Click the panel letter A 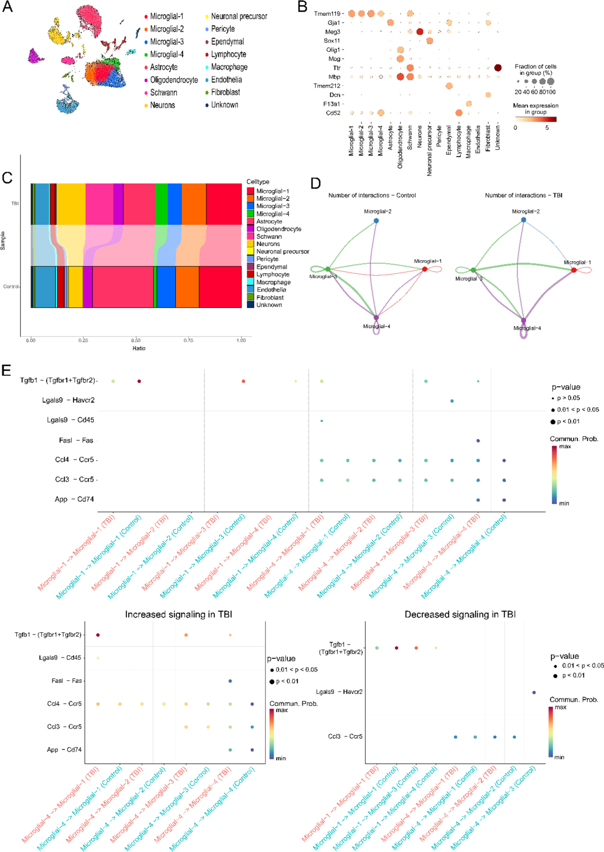[7, 7]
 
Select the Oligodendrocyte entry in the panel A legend [174, 80]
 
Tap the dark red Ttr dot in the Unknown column [498, 68]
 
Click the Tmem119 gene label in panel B [327, 14]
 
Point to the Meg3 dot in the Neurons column [420, 32]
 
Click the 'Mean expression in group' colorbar [536, 119]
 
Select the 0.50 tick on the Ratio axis [136, 340]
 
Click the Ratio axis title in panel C [139, 348]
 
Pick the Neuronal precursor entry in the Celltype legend [282, 252]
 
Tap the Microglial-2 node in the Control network [376, 221]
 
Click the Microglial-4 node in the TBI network [524, 320]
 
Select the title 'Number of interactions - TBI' [523, 195]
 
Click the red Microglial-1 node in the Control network [425, 269]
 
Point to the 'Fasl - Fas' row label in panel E [76, 440]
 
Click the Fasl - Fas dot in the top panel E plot [478, 440]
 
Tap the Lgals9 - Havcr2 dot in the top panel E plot [452, 401]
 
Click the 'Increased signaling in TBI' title [178, 614]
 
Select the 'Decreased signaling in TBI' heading [460, 614]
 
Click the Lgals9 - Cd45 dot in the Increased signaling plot [98, 658]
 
